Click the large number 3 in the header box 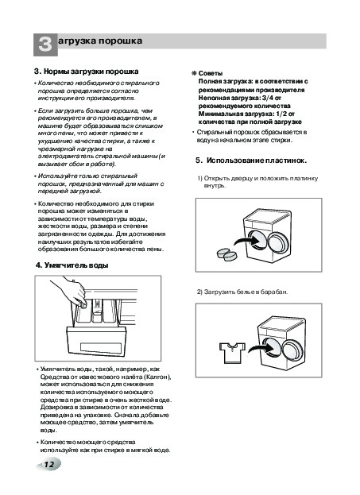pos(45,44)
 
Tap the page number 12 pos(49,464)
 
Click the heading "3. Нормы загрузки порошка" pos(86,72)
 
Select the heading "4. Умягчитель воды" pos(72,265)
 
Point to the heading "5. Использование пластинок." pos(251,160)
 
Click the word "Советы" pos(211,74)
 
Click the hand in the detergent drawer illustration pos(70,291)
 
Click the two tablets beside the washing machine pos(227,255)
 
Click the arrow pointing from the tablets pos(246,241)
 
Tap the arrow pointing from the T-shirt pos(261,348)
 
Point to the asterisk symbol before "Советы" pos(194,74)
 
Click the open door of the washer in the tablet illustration pos(278,243)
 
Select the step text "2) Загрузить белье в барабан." pos(242,292)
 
